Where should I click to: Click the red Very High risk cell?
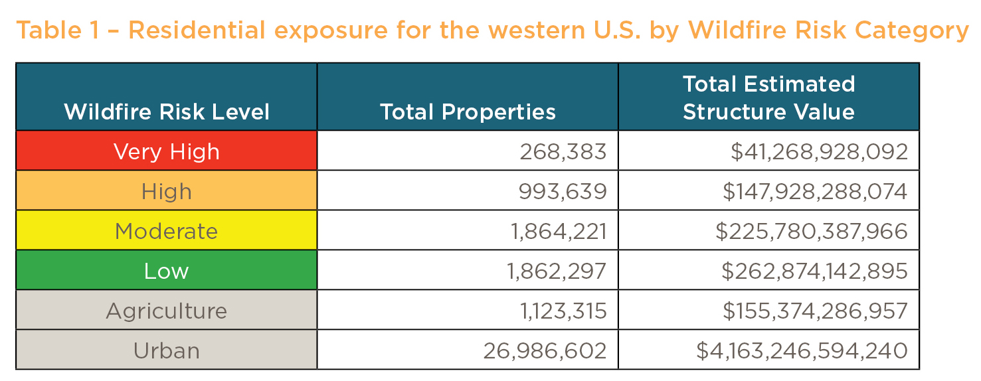pos(166,151)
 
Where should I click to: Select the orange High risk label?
pos(166,191)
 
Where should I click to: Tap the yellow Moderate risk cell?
pos(166,231)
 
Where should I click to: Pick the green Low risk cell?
pos(166,271)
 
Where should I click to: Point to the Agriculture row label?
pos(166,311)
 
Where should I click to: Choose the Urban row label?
pos(166,350)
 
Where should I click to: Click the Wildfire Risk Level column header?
pos(167,112)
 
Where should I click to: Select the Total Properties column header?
pos(468,112)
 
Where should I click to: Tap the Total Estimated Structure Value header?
pos(768,98)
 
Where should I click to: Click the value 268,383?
pos(563,151)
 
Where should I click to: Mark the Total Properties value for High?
pos(563,191)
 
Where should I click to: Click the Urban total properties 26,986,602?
pos(545,350)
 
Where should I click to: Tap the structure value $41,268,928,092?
pos(819,151)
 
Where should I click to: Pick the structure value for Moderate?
pos(811,231)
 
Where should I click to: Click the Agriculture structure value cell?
pos(815,311)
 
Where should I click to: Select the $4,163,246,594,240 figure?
pos(802,350)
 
